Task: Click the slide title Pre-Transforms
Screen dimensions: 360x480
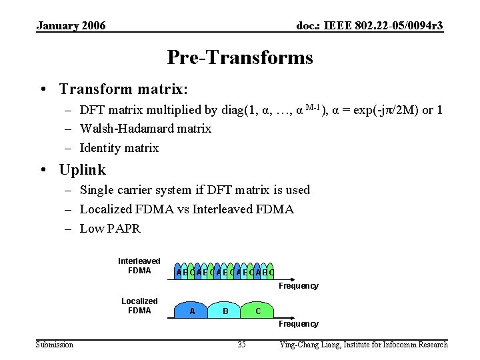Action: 239,58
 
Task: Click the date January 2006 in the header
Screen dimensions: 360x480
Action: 71,26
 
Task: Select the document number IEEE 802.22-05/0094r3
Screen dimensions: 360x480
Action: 369,26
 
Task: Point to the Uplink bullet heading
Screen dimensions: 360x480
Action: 82,170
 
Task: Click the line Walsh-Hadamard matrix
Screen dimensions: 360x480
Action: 145,129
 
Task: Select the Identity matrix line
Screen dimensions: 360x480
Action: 119,148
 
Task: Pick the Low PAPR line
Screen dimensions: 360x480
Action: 110,229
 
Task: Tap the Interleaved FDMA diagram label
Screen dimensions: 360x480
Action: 139,265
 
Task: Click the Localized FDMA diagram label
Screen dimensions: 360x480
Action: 139,305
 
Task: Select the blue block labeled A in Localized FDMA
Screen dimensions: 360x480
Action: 192,311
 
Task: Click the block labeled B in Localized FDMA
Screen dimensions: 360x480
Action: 225,311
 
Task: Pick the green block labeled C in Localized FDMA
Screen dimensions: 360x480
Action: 258,311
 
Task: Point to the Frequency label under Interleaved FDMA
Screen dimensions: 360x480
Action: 298,286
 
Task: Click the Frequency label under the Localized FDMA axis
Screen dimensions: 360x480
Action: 298,324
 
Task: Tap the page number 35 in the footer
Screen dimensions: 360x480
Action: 241,345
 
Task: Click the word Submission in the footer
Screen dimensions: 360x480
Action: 55,345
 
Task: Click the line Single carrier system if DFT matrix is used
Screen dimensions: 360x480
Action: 195,190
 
